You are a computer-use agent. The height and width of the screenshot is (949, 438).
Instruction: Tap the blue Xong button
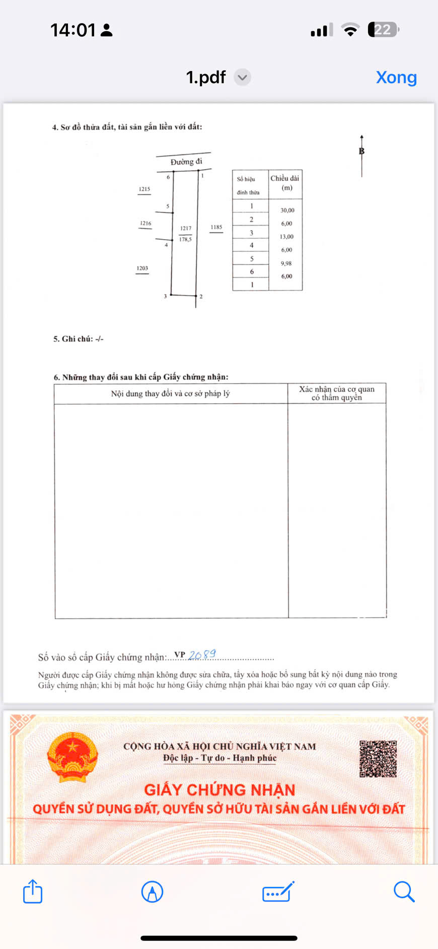click(396, 78)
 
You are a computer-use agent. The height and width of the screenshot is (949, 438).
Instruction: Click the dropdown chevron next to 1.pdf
click(242, 78)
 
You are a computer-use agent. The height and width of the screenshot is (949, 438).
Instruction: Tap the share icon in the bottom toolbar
click(33, 891)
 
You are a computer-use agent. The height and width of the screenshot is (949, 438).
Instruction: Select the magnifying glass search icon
click(403, 891)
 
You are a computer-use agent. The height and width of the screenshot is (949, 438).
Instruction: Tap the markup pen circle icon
click(152, 892)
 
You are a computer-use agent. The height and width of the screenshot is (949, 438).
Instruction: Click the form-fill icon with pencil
click(278, 892)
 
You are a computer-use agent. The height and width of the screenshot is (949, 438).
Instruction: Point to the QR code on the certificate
click(378, 758)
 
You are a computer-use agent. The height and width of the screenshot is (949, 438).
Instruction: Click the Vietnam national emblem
click(72, 757)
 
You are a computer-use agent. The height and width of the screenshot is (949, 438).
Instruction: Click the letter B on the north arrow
click(361, 151)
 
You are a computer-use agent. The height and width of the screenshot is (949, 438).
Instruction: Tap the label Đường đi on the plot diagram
click(186, 162)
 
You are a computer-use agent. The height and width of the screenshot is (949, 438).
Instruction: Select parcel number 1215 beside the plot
click(144, 189)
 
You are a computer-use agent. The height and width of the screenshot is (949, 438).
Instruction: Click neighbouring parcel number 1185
click(216, 227)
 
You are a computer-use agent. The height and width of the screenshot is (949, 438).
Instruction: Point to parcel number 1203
click(142, 268)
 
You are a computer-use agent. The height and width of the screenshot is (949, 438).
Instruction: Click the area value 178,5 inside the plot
click(185, 240)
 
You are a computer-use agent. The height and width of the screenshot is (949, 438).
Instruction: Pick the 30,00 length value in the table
click(287, 210)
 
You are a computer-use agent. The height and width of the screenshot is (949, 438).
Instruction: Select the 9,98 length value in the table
click(286, 263)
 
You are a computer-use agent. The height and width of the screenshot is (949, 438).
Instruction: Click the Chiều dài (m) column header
click(285, 183)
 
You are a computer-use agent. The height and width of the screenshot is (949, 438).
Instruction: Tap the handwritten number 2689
click(202, 654)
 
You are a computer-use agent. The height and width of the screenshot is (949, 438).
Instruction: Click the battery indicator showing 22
click(383, 30)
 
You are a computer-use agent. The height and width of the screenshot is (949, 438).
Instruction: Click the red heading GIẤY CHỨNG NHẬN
click(220, 789)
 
